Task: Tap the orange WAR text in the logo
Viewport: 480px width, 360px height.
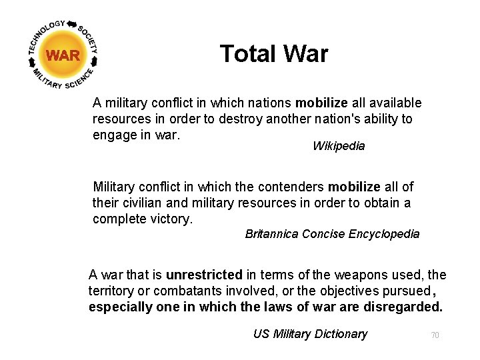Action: click(63, 55)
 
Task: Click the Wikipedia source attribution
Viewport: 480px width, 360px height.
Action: click(339, 146)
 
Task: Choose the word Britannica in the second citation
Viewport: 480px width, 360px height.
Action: click(272, 234)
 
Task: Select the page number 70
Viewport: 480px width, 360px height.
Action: click(435, 335)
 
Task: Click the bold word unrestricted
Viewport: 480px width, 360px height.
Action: click(203, 275)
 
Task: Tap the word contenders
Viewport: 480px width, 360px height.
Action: click(293, 187)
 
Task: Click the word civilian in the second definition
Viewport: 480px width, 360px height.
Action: click(147, 203)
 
